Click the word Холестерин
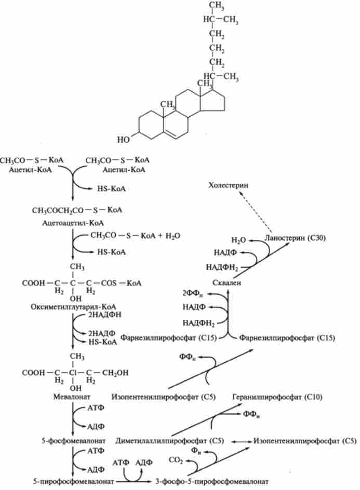pos(228,185)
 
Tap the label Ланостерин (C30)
pos(287,238)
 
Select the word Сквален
pos(228,282)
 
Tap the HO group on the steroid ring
pos(124,139)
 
